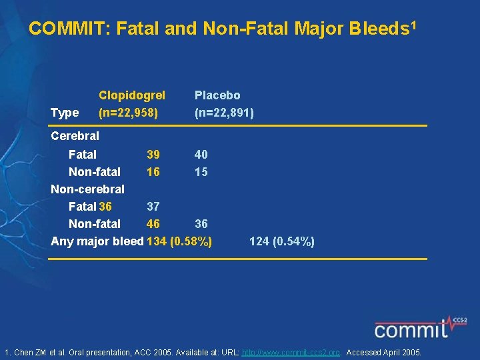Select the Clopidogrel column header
pyautogui.click(x=132, y=95)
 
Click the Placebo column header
pyautogui.click(x=217, y=95)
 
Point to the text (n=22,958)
pyautogui.click(x=128, y=113)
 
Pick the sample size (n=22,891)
pyautogui.click(x=224, y=113)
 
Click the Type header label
pyautogui.click(x=65, y=113)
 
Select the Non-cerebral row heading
pyautogui.click(x=87, y=189)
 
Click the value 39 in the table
pyautogui.click(x=153, y=155)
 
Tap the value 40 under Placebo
pyautogui.click(x=201, y=155)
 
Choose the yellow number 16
pyautogui.click(x=153, y=172)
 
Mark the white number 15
pyautogui.click(x=201, y=172)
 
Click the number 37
pyautogui.click(x=153, y=207)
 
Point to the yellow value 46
pyautogui.click(x=153, y=224)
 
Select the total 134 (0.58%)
pyautogui.click(x=179, y=241)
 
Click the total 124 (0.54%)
pyautogui.click(x=282, y=241)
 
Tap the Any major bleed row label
pyautogui.click(x=97, y=241)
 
